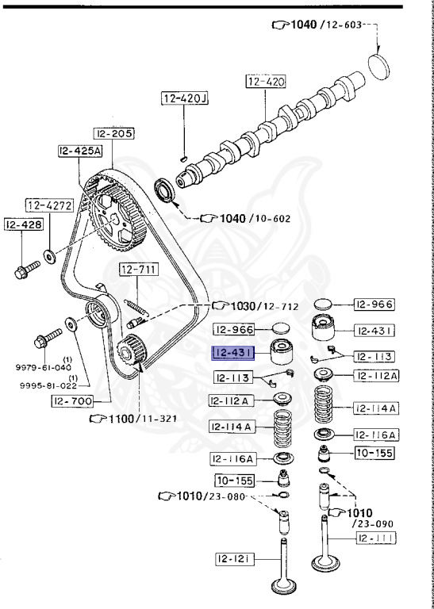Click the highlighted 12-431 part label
[232, 353]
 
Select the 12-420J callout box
[185, 98]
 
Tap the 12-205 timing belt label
[113, 133]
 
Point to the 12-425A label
[80, 151]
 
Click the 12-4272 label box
[50, 205]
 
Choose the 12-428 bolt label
[24, 224]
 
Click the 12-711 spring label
[139, 269]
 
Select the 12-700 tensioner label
[73, 400]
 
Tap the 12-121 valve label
[235, 559]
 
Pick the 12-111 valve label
[377, 538]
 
